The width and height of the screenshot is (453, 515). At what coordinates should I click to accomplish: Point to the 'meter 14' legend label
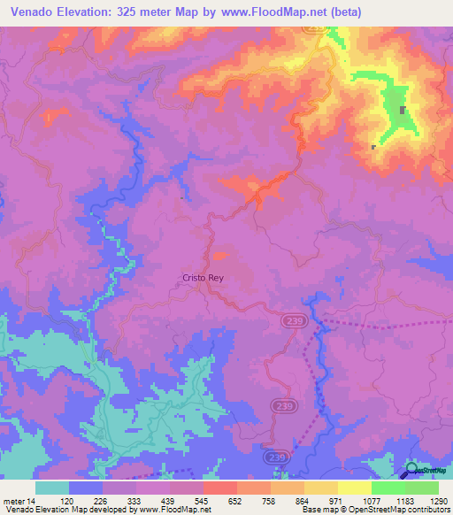click(19, 500)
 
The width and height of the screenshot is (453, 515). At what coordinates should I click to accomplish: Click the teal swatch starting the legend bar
click(52, 488)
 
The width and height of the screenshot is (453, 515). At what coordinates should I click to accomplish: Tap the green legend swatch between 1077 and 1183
click(388, 488)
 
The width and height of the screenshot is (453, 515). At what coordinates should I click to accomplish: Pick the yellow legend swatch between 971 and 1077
click(354, 488)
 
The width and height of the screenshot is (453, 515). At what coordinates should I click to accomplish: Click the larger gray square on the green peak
click(403, 111)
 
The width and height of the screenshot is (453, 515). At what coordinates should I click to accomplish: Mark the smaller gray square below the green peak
click(373, 147)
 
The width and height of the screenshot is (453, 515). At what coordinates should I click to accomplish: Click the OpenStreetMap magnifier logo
click(411, 472)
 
